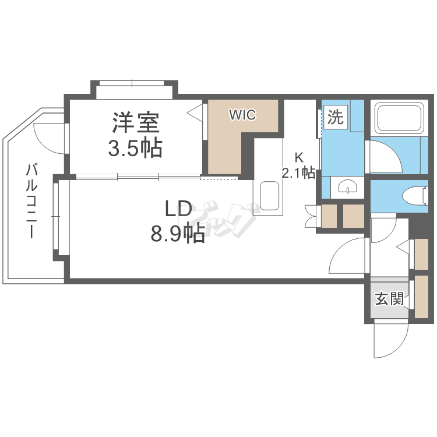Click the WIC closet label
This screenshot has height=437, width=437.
pos(242,115)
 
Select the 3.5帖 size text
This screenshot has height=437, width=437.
pos(135,149)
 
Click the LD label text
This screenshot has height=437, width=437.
pos(178,209)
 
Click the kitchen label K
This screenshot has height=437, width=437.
pos(299,157)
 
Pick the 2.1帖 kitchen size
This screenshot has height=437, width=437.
pos(299,172)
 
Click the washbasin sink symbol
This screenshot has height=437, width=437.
pos(347,188)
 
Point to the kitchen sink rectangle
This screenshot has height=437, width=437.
pos(270,196)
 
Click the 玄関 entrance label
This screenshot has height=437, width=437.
pos(389,299)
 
